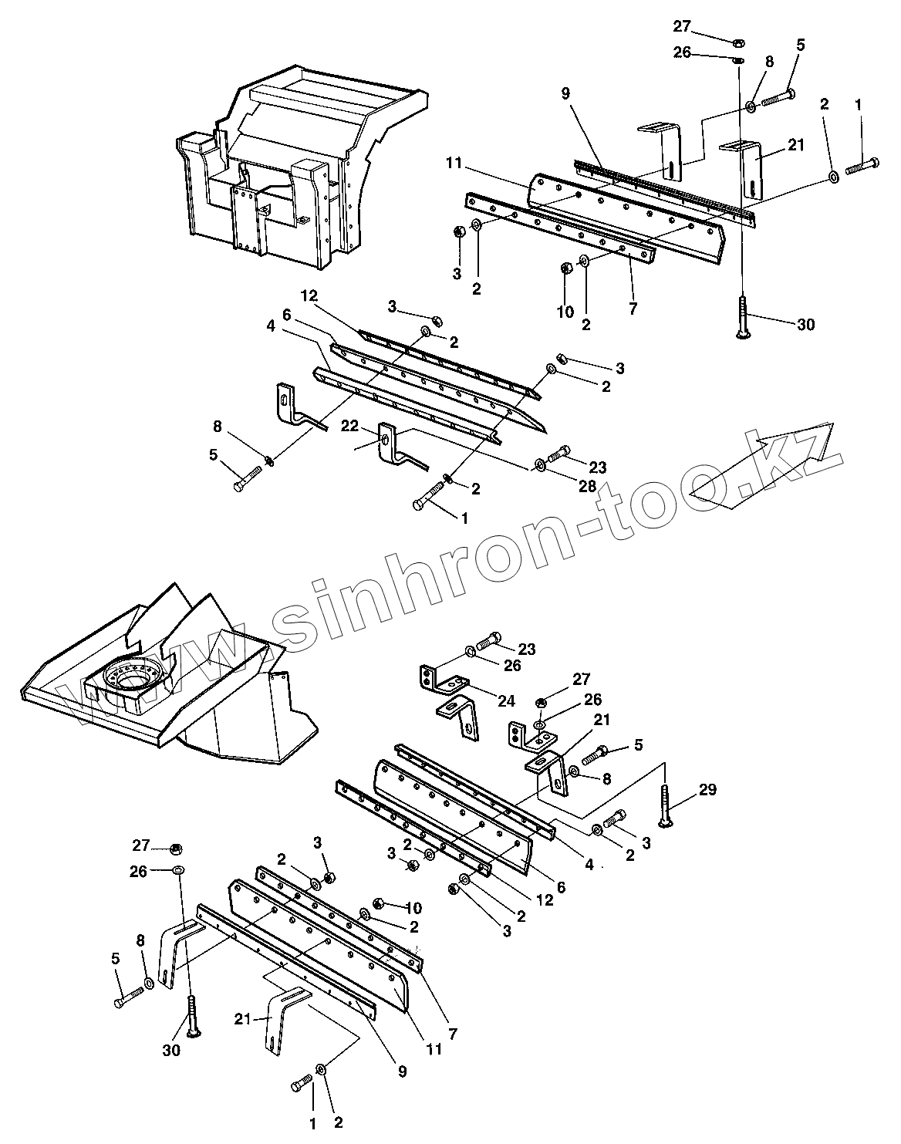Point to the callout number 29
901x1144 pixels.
707,789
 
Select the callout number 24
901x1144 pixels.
506,700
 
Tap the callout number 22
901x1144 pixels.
349,426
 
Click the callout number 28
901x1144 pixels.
587,485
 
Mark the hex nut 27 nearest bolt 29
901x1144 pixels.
541,702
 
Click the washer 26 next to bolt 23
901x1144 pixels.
470,653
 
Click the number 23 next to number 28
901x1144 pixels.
597,467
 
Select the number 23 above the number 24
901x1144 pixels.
527,649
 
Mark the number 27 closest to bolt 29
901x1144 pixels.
581,679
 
